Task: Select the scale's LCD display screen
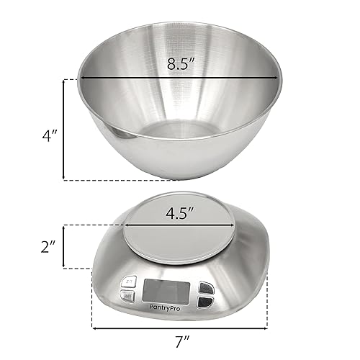166,290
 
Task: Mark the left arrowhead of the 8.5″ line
82,78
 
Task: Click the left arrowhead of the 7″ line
95,328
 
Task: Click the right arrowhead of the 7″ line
266,328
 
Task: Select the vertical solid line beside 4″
65,129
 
